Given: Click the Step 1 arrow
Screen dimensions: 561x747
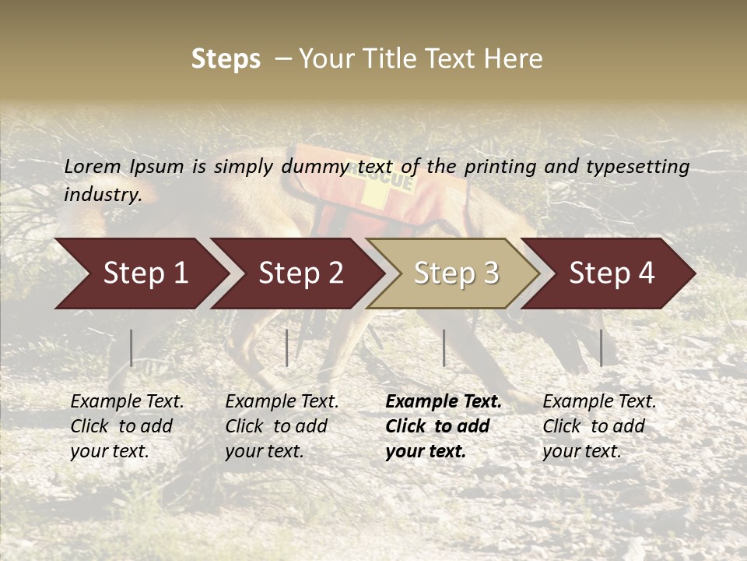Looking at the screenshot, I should click(x=140, y=273).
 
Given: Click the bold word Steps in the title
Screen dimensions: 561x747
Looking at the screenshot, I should click(x=226, y=59).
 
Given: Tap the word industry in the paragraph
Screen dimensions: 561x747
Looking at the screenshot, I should click(x=102, y=195).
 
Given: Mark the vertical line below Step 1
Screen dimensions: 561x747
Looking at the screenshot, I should click(x=132, y=348).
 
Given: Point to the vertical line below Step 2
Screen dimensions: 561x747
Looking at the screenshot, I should click(x=287, y=348).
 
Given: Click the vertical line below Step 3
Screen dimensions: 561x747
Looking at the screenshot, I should click(x=444, y=348).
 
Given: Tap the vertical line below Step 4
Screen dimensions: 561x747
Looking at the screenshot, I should click(x=601, y=348).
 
